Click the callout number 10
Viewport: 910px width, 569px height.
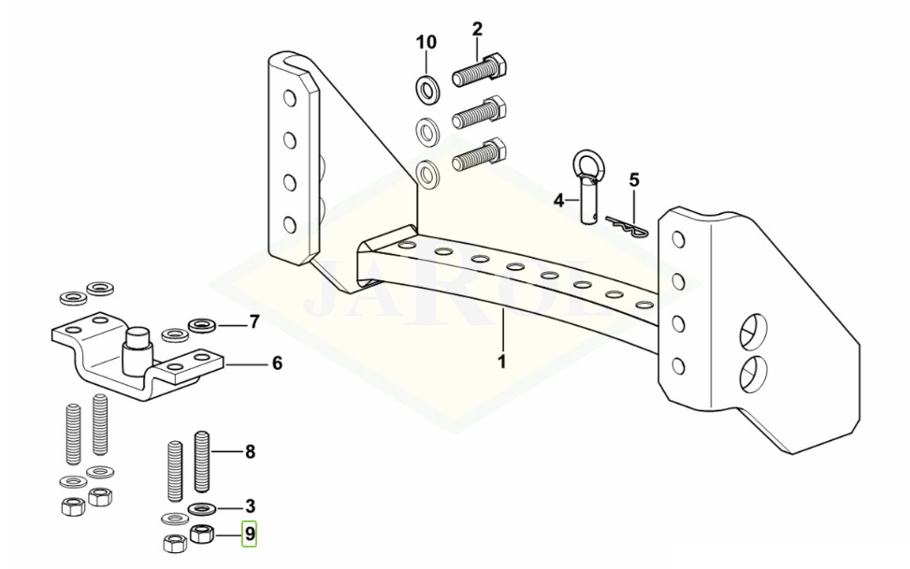point(426,42)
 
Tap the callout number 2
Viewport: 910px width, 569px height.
point(477,29)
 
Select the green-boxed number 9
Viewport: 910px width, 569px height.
point(250,533)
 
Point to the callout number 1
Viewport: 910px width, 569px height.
point(502,362)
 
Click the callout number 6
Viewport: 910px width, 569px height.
point(278,363)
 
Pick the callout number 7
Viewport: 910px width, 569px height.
point(254,322)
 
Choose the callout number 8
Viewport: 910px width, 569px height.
point(250,451)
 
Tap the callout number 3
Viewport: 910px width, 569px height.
point(250,506)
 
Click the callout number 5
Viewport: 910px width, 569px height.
point(634,180)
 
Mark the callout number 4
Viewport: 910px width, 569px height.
point(559,201)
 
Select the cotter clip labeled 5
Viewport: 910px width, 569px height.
point(627,225)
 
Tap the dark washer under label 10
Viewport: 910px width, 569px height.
point(428,89)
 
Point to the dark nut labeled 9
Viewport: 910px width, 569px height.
point(202,533)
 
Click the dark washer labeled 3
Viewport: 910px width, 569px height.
point(201,508)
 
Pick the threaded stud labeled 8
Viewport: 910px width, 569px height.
point(201,462)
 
